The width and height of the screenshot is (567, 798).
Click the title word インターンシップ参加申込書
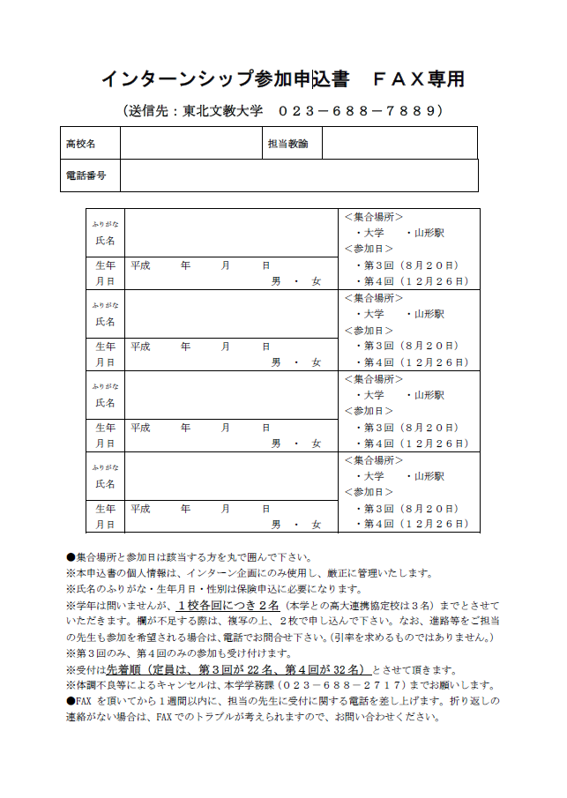pyautogui.click(x=220, y=80)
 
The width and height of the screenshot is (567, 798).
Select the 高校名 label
pyautogui.click(x=80, y=143)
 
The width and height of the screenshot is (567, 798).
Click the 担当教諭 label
pyautogui.click(x=288, y=143)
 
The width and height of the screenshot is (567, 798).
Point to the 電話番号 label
pyautogui.click(x=86, y=175)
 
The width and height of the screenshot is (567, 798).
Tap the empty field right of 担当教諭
pyautogui.click(x=399, y=143)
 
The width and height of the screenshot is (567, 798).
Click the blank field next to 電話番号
pyautogui.click(x=300, y=175)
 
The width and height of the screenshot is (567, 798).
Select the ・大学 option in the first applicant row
pyautogui.click(x=370, y=233)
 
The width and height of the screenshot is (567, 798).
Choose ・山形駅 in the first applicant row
pyautogui.click(x=426, y=233)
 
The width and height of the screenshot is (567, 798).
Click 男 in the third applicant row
pyautogui.click(x=275, y=444)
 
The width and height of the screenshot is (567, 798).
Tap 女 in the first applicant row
pyautogui.click(x=316, y=281)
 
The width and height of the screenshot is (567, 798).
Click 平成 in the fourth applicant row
pyautogui.click(x=140, y=509)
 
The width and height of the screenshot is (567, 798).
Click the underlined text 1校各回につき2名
pyautogui.click(x=228, y=606)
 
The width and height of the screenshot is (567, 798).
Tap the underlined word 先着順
pyautogui.click(x=120, y=669)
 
